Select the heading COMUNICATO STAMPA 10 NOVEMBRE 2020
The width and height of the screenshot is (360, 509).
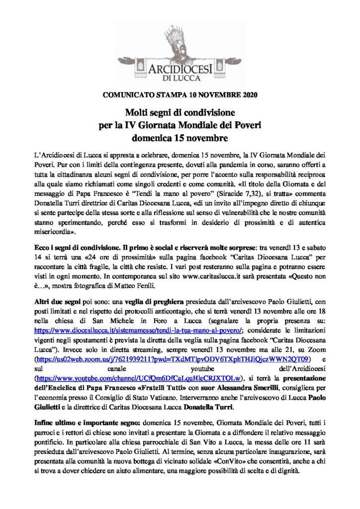tap(180, 94)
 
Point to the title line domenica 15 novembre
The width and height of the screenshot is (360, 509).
tap(180, 136)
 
